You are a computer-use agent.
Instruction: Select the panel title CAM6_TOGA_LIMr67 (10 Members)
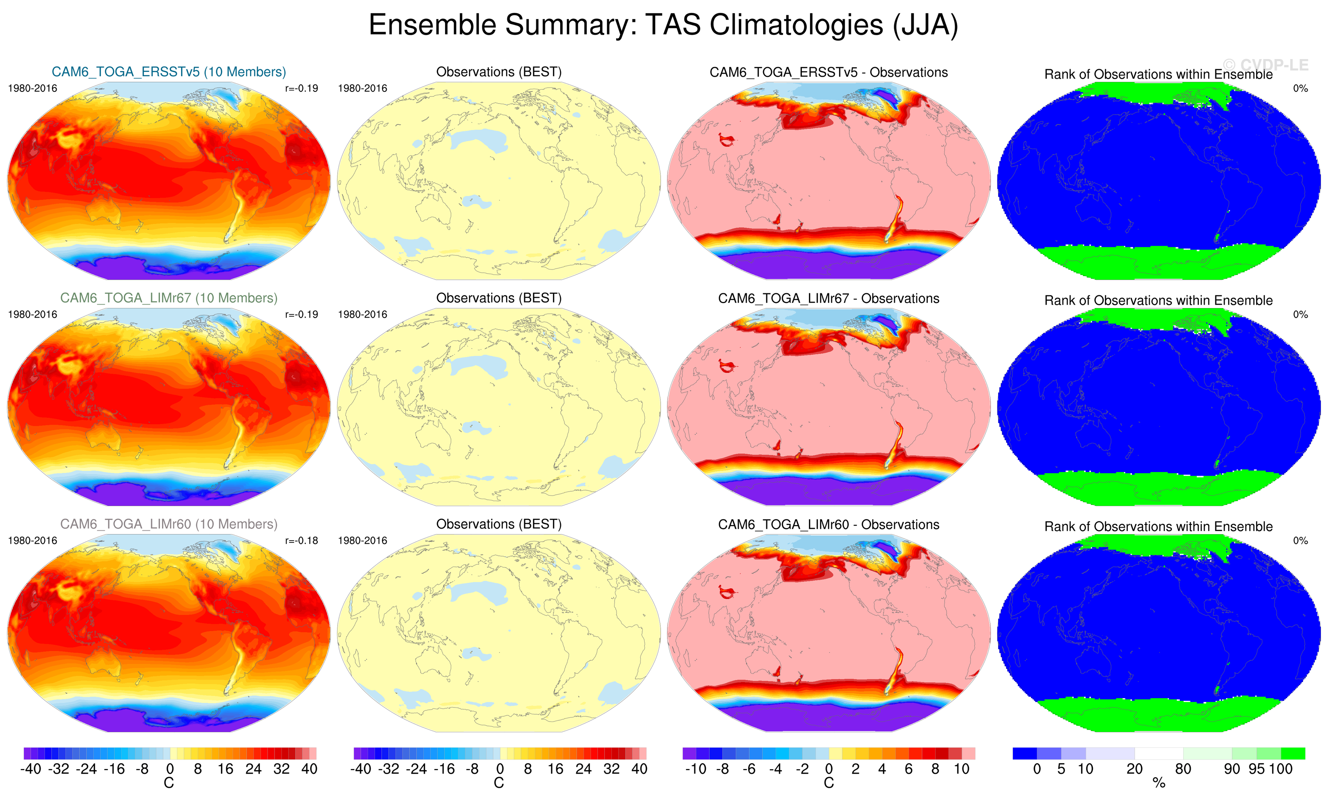point(169,298)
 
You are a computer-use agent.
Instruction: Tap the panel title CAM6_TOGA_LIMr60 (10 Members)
point(169,524)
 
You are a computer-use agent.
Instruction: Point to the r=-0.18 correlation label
point(301,541)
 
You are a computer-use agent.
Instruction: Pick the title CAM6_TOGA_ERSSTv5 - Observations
point(828,72)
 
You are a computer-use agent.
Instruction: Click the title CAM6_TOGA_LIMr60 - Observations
point(828,524)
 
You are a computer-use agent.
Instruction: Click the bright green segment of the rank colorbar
point(1293,753)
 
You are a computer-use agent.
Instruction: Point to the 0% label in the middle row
point(1300,314)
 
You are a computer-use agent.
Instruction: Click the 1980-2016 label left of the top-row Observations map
point(362,88)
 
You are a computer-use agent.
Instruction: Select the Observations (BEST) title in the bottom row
point(499,524)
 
